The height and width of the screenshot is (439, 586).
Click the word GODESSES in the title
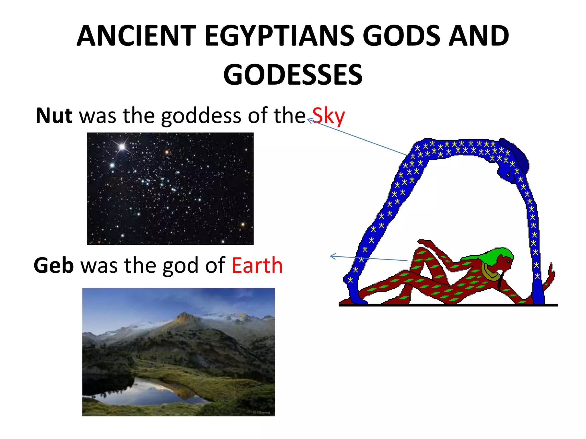pyautogui.click(x=293, y=75)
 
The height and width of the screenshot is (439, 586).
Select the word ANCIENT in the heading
pyautogui.click(x=136, y=36)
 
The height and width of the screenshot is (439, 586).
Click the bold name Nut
pyautogui.click(x=54, y=115)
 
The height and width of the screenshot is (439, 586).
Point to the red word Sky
pyautogui.click(x=328, y=116)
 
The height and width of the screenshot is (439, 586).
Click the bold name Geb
pyautogui.click(x=54, y=265)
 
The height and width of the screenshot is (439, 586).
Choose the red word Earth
pyautogui.click(x=257, y=265)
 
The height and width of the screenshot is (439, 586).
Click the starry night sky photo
pyautogui.click(x=170, y=188)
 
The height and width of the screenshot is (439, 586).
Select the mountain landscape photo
pyautogui.click(x=178, y=352)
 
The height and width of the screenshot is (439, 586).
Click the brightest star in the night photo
pyautogui.click(x=122, y=147)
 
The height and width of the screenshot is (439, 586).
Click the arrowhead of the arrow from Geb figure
pyautogui.click(x=332, y=256)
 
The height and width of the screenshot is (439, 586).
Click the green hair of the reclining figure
pyautogui.click(x=498, y=253)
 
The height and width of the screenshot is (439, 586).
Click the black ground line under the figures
pyautogui.click(x=448, y=305)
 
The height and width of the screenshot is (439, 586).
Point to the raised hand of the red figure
pyautogui.click(x=423, y=242)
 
